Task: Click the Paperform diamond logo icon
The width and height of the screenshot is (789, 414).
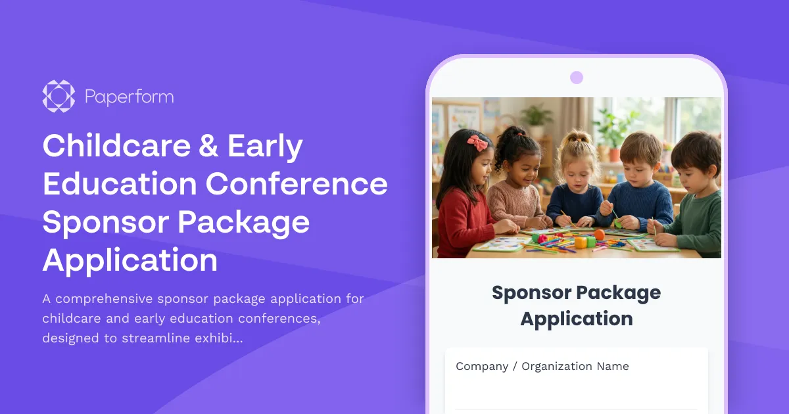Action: click(59, 97)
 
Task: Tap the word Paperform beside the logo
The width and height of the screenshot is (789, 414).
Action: click(129, 97)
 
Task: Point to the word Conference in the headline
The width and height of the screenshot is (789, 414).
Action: click(297, 184)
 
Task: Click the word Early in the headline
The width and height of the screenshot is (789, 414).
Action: click(266, 147)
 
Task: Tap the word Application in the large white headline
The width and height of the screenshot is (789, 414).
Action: click(130, 260)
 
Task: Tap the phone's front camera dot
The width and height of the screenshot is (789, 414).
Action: click(577, 78)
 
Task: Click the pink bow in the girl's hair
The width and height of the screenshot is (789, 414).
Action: click(477, 141)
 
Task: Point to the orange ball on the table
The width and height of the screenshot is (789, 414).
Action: click(599, 235)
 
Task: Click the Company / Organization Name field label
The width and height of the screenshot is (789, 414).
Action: click(542, 367)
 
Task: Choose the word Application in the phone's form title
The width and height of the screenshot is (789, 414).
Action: click(577, 319)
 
